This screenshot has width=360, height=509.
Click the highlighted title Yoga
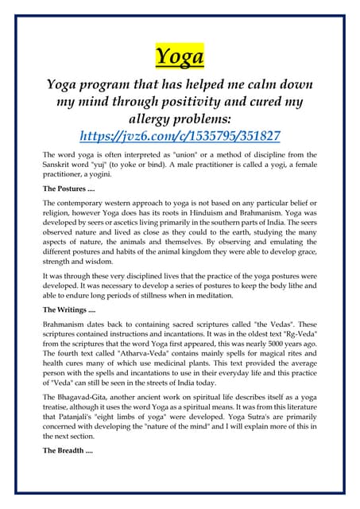coord(180,56)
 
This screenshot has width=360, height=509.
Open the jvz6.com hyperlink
coord(180,135)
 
